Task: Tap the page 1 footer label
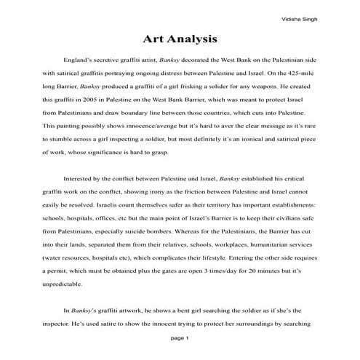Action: [x=180, y=338]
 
